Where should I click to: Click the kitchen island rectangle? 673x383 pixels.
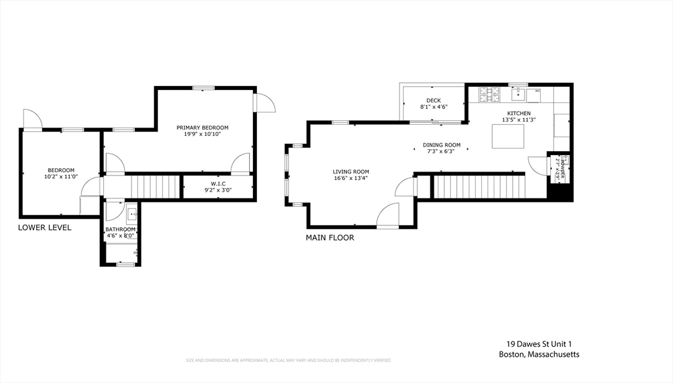(509, 136)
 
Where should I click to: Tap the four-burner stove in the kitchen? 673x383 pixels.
(489, 95)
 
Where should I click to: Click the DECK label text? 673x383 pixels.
(433, 101)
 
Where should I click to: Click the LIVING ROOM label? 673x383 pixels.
(351, 171)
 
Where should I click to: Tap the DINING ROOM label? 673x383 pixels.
(441, 145)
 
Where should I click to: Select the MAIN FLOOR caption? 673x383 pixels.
(330, 238)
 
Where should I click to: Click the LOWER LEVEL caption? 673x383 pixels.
(45, 227)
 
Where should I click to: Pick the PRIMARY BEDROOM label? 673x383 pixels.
(202, 127)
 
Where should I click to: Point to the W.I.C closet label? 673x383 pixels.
(218, 184)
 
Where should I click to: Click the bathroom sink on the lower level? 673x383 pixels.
(131, 213)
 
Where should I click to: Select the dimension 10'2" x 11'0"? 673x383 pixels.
(61, 176)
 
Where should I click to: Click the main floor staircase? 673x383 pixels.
(479, 187)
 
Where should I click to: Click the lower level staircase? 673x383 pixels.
(155, 187)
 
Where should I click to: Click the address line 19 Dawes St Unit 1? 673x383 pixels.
(544, 344)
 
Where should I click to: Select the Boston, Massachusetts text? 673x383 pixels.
(539, 355)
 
